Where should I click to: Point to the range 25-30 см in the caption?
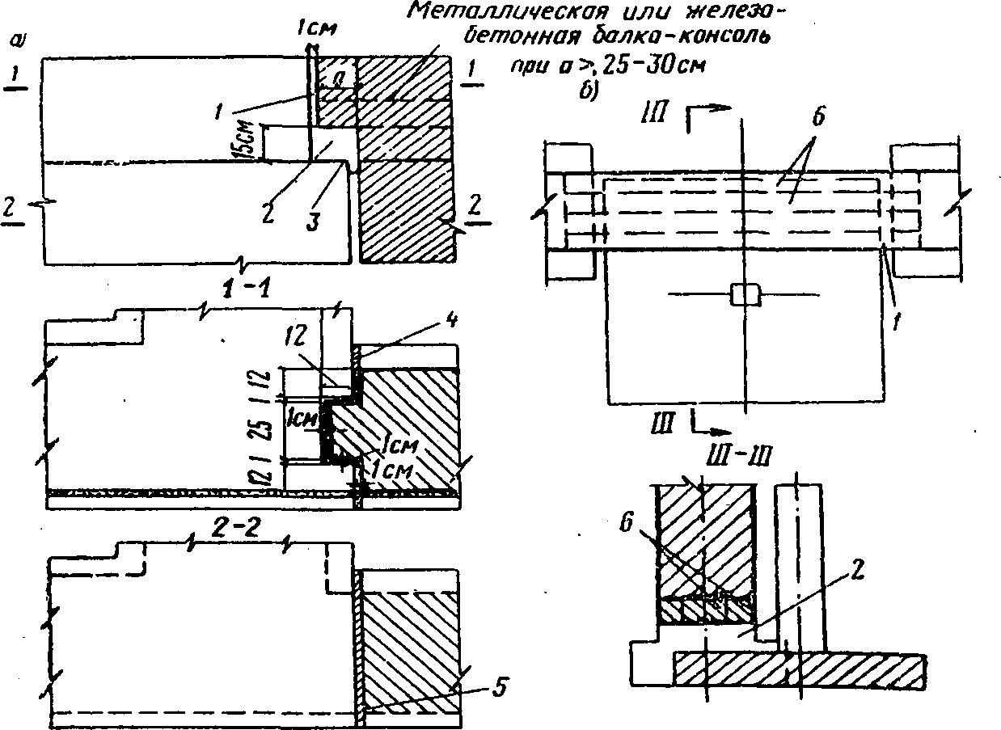654,68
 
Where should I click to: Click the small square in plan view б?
744,295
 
